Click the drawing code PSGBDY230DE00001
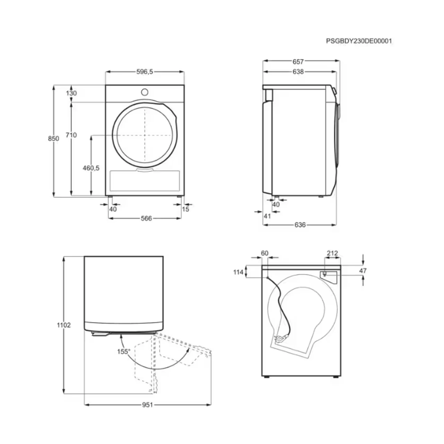(x=359, y=41)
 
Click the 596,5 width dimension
(x=144, y=72)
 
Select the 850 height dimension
(x=53, y=138)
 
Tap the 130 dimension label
(x=71, y=93)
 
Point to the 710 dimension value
(x=71, y=135)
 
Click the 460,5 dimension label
(x=91, y=168)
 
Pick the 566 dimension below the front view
(x=146, y=218)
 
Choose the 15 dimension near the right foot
(x=186, y=209)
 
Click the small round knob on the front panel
(x=144, y=92)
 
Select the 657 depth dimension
(x=298, y=62)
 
